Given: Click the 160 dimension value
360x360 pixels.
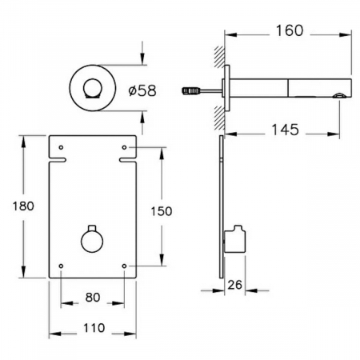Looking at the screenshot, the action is (290, 30).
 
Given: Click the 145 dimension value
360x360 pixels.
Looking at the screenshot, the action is (285, 130).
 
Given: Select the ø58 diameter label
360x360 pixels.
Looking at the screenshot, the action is (142, 90).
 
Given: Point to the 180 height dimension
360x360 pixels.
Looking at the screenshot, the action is (23, 206).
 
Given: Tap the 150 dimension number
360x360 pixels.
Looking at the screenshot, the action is (162, 211).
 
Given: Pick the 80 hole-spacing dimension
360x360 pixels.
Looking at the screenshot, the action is (93, 298).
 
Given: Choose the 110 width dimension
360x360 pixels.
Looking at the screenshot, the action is (94, 328).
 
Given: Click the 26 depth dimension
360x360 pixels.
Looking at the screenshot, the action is (234, 285).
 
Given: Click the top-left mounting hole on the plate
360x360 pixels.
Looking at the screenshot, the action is (61, 147).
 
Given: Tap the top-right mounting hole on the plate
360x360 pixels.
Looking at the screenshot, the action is (124, 147).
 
